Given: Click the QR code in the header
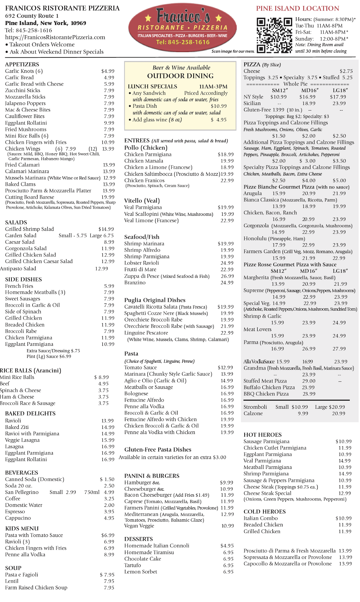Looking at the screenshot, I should click(274, 36).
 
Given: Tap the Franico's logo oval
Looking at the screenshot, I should click(182, 28).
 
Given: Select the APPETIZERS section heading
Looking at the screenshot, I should click(22, 64).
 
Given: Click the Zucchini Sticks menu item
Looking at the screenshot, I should click(23, 90).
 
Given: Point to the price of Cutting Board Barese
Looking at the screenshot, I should click(108, 197).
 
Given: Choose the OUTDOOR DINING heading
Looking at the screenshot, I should click(180, 76).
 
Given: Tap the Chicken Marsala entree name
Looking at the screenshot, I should click(144, 161).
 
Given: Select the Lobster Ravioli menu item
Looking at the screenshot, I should click(141, 263).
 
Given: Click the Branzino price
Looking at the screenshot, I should click(227, 283).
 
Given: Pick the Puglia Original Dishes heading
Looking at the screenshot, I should click(155, 300).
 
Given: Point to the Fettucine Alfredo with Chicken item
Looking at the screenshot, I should click(160, 419).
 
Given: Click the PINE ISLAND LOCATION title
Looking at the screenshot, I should click(297, 8).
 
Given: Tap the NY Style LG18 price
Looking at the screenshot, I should click(338, 97).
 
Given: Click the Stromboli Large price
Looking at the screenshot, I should click(337, 407).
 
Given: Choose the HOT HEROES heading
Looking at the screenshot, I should click(262, 435).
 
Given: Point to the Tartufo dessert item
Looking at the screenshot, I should click(132, 565).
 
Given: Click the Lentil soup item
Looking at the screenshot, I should click(12, 581).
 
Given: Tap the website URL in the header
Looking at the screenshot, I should click(55, 37).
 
